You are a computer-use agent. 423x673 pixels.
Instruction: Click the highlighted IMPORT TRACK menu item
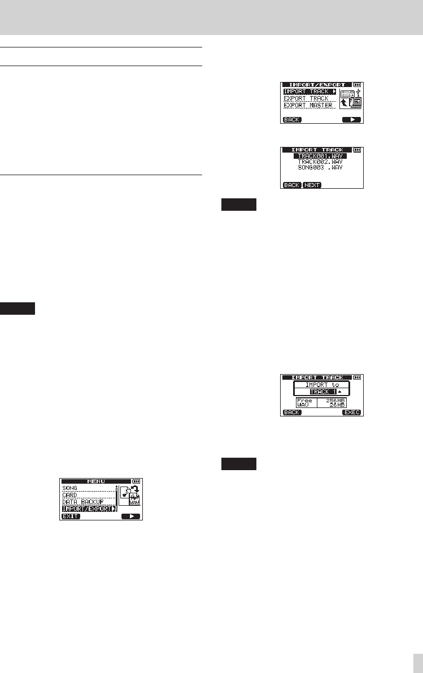click(x=309, y=92)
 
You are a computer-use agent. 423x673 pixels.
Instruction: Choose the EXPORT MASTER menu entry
click(x=308, y=105)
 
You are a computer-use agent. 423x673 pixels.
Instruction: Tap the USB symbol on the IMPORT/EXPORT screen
click(x=357, y=92)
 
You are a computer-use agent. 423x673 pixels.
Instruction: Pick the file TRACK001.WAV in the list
click(x=320, y=155)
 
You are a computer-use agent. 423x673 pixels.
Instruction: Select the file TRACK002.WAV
click(x=320, y=162)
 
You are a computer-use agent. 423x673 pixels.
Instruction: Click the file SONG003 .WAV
click(x=320, y=168)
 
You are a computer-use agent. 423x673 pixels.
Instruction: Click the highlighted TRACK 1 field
click(x=320, y=392)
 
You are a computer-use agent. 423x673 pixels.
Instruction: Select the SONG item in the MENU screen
click(x=69, y=488)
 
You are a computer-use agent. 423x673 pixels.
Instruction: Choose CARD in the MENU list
click(x=69, y=495)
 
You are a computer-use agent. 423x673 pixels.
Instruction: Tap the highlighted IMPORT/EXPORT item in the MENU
click(x=88, y=509)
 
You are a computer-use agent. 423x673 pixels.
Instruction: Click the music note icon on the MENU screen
click(x=125, y=492)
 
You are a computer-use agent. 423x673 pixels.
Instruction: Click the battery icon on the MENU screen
click(x=136, y=481)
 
